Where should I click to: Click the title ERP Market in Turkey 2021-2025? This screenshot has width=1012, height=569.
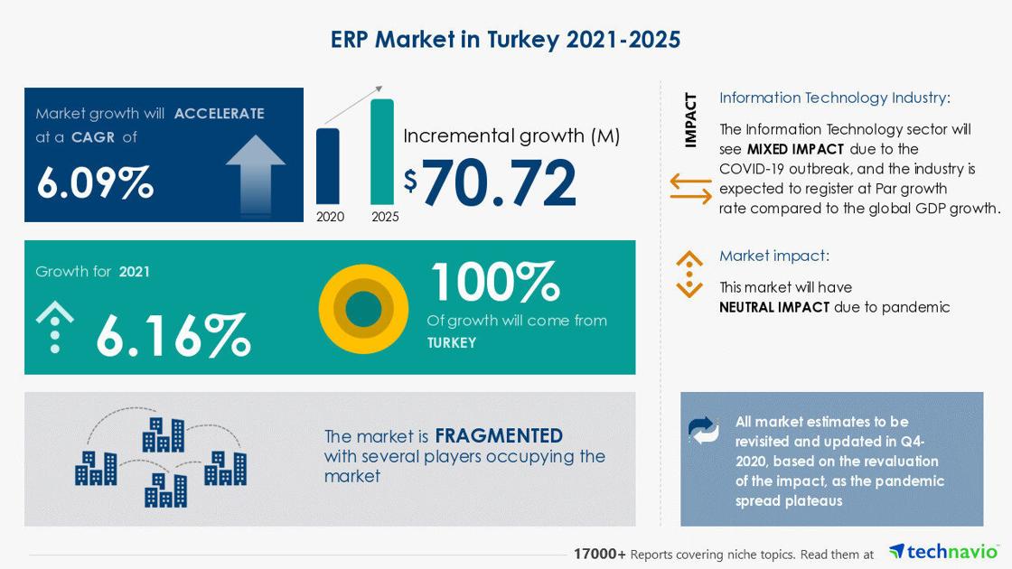click(505, 40)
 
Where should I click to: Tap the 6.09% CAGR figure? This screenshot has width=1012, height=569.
click(95, 182)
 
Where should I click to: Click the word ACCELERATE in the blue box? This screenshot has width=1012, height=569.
click(220, 114)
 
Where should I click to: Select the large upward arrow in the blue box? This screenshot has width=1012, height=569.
click(256, 174)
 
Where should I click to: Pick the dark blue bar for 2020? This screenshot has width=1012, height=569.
click(328, 166)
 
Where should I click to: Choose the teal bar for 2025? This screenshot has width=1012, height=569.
click(382, 152)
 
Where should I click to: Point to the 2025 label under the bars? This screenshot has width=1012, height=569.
click(385, 217)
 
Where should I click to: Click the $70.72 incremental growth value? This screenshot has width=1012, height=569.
click(490, 183)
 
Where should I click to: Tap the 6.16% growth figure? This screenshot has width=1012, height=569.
click(173, 335)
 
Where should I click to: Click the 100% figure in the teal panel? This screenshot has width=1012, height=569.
click(495, 281)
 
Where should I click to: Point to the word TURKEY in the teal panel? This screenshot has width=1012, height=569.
click(452, 342)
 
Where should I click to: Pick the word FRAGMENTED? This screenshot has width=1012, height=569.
click(499, 435)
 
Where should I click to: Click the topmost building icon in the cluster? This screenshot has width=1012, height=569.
click(164, 434)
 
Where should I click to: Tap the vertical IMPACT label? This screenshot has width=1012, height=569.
click(690, 121)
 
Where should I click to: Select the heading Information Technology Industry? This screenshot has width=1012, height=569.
click(835, 98)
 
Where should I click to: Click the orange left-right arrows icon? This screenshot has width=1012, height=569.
click(690, 189)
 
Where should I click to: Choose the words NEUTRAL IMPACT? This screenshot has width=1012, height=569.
click(774, 307)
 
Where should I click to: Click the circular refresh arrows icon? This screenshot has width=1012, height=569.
click(704, 430)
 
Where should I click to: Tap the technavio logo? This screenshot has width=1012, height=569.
click(943, 552)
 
